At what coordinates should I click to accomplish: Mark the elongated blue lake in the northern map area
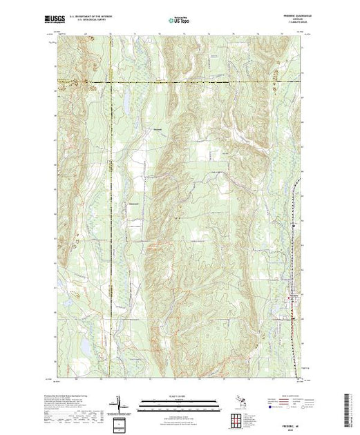[x=128, y=104]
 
